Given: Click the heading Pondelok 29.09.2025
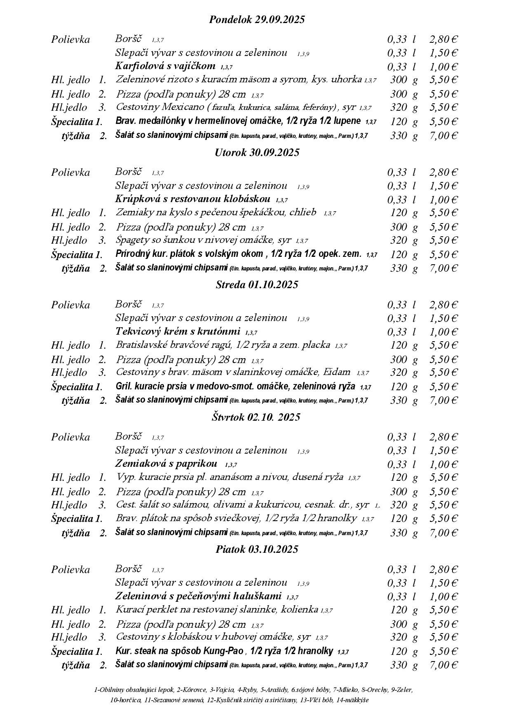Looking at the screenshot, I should [257, 19].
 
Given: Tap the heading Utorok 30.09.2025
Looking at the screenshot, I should [257, 152].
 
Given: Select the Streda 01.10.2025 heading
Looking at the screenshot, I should [257, 285].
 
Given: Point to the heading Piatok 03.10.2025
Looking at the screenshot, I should [257, 550].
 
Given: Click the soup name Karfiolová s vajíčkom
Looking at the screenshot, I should [165, 66].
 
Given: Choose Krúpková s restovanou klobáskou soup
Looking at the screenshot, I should [193, 199].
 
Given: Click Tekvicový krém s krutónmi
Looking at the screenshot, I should [178, 331].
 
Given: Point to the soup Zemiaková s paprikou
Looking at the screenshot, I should [166, 464].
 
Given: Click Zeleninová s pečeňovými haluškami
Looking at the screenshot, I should [198, 596].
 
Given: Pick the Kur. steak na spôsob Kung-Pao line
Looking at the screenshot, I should [225, 651].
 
